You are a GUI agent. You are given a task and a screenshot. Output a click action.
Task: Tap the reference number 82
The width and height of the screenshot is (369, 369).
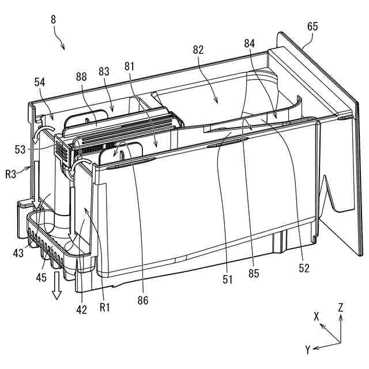(198, 50)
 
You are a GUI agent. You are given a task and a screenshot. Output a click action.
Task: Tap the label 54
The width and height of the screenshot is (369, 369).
(40, 83)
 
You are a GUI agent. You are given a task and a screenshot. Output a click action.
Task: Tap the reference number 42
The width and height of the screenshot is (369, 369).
(82, 310)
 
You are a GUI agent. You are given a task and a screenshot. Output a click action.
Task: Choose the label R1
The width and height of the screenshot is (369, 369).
(105, 307)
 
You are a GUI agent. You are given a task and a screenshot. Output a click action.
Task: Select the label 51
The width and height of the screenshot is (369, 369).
(229, 280)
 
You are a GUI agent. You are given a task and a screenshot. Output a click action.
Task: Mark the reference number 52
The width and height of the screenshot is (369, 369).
(304, 268)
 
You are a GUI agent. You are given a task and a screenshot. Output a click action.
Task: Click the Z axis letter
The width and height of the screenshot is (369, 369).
(341, 307)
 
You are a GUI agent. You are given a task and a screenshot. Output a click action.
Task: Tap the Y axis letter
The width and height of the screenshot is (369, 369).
(308, 349)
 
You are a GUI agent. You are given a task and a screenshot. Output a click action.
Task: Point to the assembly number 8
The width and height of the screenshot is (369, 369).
(53, 19)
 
